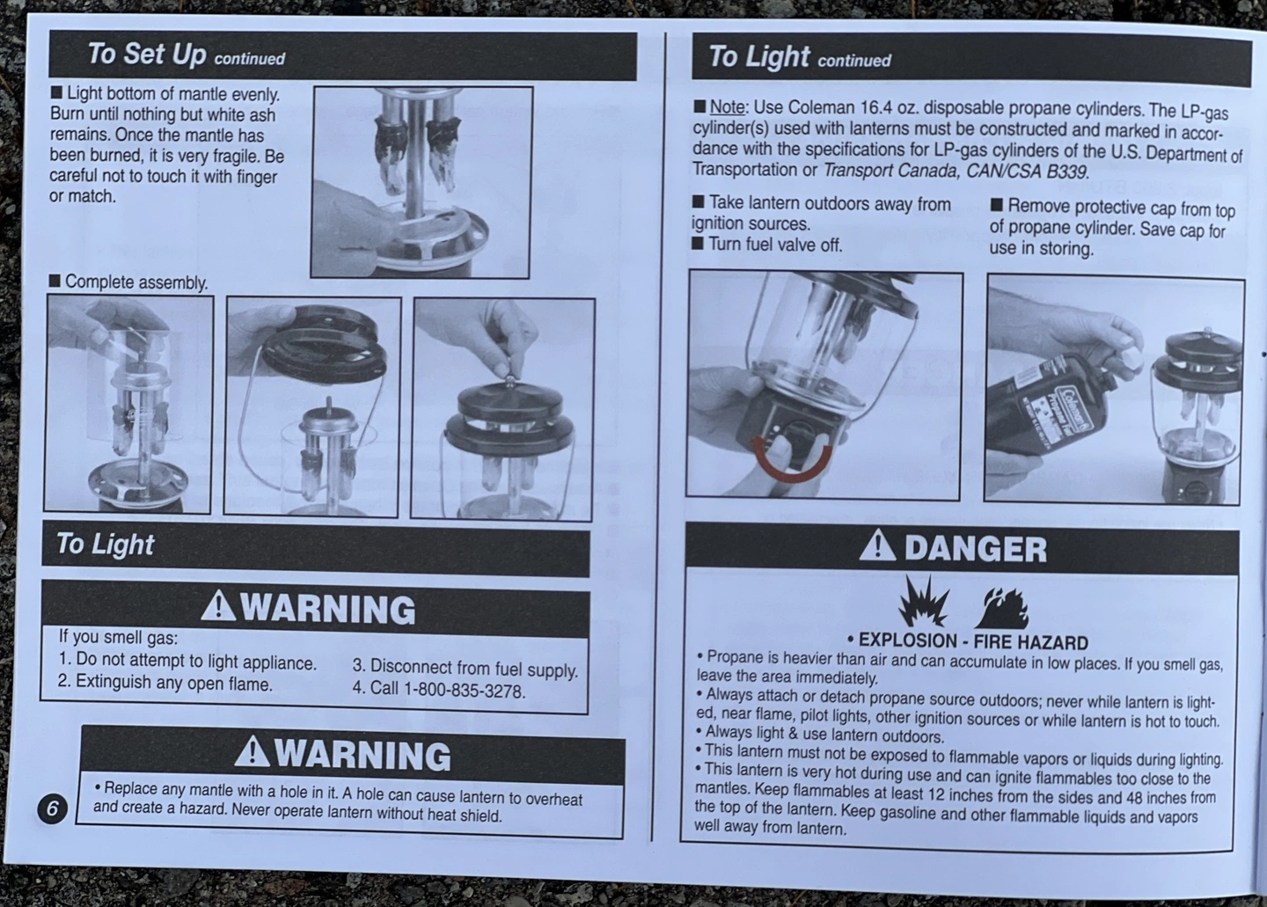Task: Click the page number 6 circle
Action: point(52,808)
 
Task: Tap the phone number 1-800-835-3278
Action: point(464,690)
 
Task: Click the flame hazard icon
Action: point(1001,608)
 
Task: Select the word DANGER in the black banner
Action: point(976,549)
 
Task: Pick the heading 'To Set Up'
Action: point(147,55)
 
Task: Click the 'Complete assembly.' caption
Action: point(135,282)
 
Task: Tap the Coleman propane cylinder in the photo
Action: point(1046,407)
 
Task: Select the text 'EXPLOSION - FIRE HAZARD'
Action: point(973,642)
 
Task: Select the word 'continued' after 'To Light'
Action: point(854,61)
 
